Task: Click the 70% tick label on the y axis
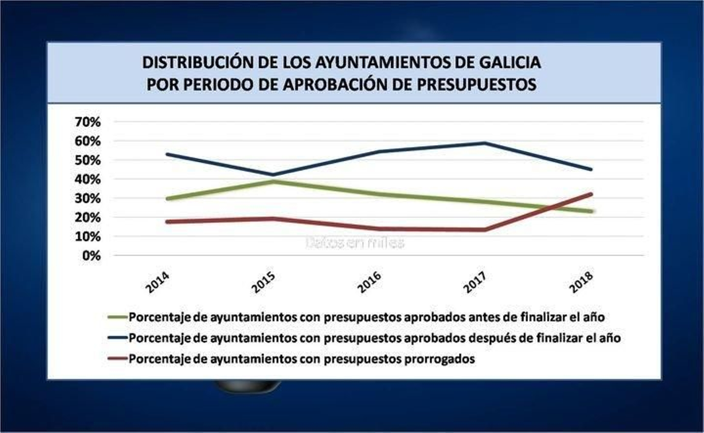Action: click(x=88, y=122)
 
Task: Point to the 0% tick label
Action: click(x=91, y=256)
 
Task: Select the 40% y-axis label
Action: click(x=88, y=180)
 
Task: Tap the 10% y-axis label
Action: click(x=88, y=237)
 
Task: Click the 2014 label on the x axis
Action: click(x=158, y=282)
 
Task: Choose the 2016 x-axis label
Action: click(x=370, y=282)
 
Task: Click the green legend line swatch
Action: click(x=117, y=317)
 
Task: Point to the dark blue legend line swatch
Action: click(x=117, y=338)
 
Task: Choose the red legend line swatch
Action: click(x=117, y=359)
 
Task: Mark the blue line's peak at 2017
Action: click(x=484, y=143)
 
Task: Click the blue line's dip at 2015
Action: click(x=272, y=175)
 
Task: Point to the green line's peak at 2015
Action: click(x=272, y=181)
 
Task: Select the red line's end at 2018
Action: click(x=591, y=194)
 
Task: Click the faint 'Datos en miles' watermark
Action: click(x=355, y=242)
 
